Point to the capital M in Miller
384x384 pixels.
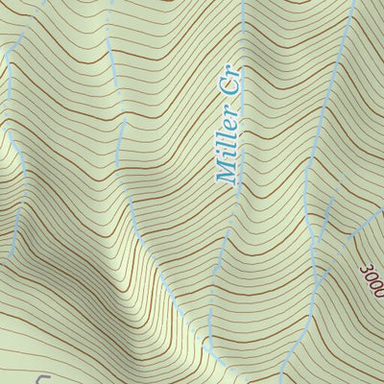coord(227,175)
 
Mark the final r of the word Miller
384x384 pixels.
coord(232,128)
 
